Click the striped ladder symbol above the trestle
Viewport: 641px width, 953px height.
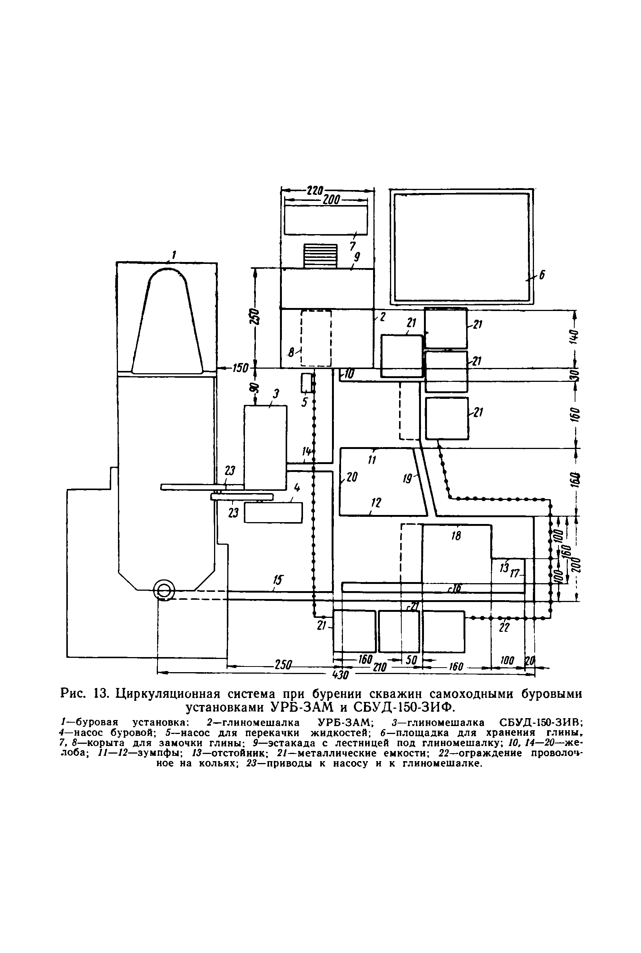tap(320, 256)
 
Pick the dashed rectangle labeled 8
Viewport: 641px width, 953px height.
tap(316, 338)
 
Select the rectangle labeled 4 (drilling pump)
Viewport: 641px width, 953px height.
tap(273, 512)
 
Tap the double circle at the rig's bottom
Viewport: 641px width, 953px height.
tap(164, 590)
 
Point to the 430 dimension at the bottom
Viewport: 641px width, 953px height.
tap(340, 674)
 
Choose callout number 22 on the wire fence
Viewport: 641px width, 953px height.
tap(505, 628)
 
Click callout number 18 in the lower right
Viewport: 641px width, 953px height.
tap(456, 536)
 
